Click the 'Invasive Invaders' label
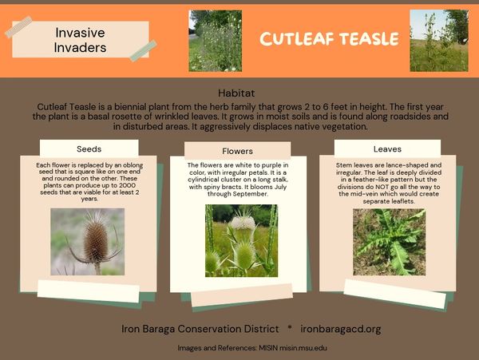tap(80, 40)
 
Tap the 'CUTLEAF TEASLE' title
tap(329, 39)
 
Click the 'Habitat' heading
tap(236, 93)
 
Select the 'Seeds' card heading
tap(89, 149)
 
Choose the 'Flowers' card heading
tap(237, 151)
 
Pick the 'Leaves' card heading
tap(387, 149)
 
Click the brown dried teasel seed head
tap(96, 242)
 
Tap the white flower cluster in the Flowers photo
tap(243, 223)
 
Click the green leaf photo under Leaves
tap(390, 242)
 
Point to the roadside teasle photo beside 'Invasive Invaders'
tap(216, 41)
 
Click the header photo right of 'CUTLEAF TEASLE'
tap(439, 41)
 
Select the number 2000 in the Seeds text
tap(128, 185)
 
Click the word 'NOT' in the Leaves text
tap(382, 187)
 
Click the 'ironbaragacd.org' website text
tap(341, 329)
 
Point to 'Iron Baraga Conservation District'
tap(200, 329)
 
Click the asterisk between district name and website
tap(290, 327)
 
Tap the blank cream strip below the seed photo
tap(89, 291)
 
